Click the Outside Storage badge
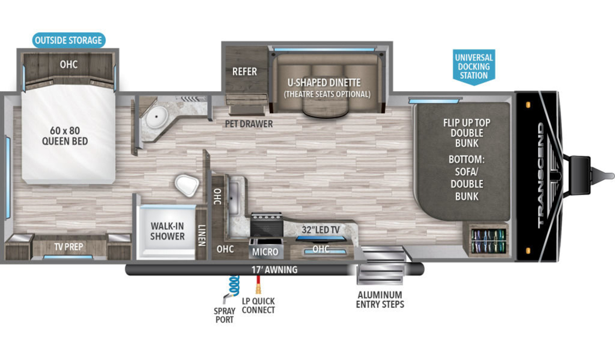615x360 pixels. point(69,40)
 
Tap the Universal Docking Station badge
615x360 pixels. point(474,67)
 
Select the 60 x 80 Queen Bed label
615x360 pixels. point(65,136)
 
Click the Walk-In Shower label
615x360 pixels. point(167,231)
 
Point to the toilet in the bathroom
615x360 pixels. point(187,185)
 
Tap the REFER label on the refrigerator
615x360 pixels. point(244,72)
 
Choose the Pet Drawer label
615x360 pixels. point(249,124)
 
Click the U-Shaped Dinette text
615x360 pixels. point(324,82)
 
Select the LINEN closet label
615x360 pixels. point(202,236)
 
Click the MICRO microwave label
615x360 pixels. point(265,252)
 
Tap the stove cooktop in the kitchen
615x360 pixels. point(266,224)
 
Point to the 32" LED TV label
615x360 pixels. point(321,229)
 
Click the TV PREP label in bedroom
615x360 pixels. point(69,247)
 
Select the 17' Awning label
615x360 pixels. point(275,270)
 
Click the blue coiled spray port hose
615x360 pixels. point(234,285)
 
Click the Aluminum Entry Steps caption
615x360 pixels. point(380,300)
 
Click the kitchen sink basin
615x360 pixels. point(234,198)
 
